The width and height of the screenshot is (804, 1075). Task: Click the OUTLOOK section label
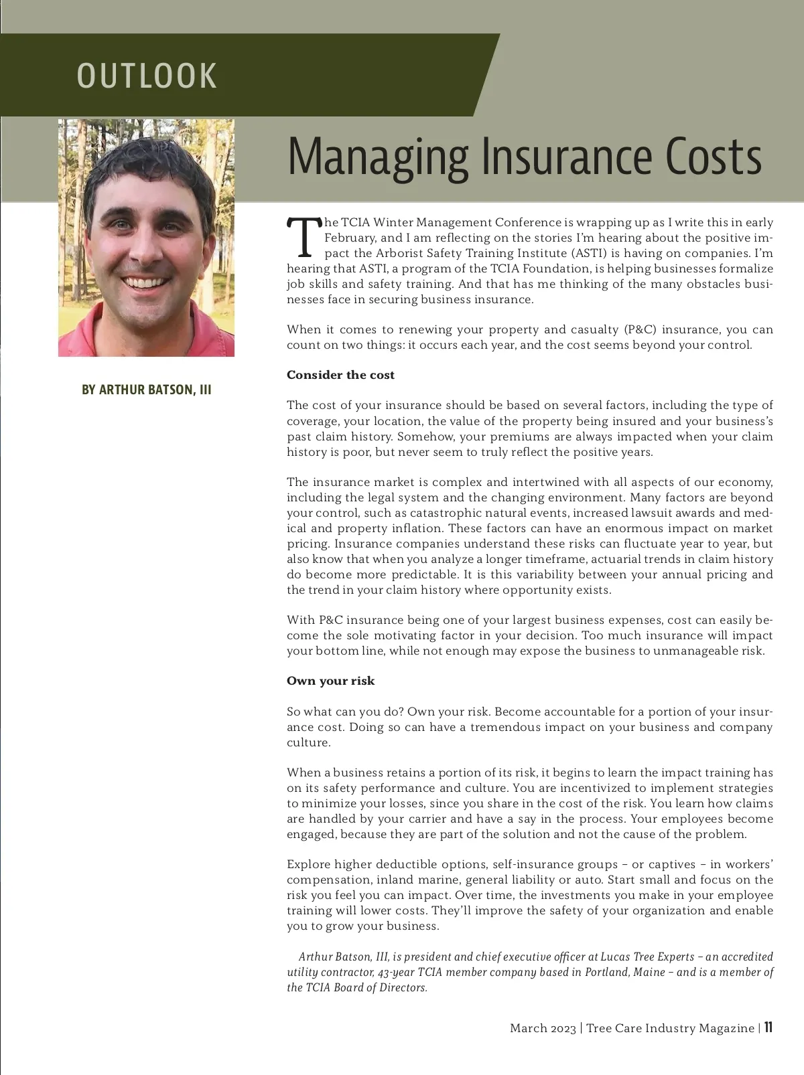click(147, 76)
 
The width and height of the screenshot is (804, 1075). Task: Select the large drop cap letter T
click(304, 238)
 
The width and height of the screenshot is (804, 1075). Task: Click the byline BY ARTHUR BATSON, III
click(146, 390)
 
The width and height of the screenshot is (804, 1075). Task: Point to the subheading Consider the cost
click(340, 375)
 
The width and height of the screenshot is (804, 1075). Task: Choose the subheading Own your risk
click(330, 681)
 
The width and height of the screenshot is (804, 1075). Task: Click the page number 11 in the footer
click(768, 1027)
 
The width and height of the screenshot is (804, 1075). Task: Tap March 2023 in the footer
click(543, 1028)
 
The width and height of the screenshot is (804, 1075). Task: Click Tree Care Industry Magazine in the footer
click(670, 1028)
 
